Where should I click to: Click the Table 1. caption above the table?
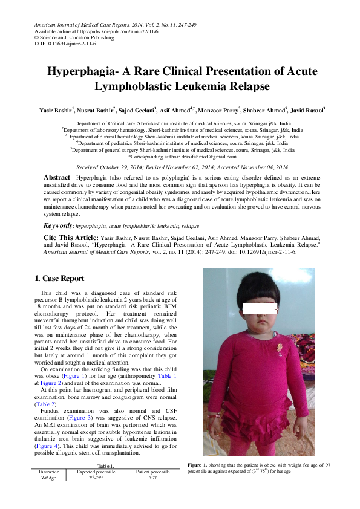(106, 466)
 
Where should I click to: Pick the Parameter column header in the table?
(48, 471)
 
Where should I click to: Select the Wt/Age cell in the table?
(48, 477)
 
